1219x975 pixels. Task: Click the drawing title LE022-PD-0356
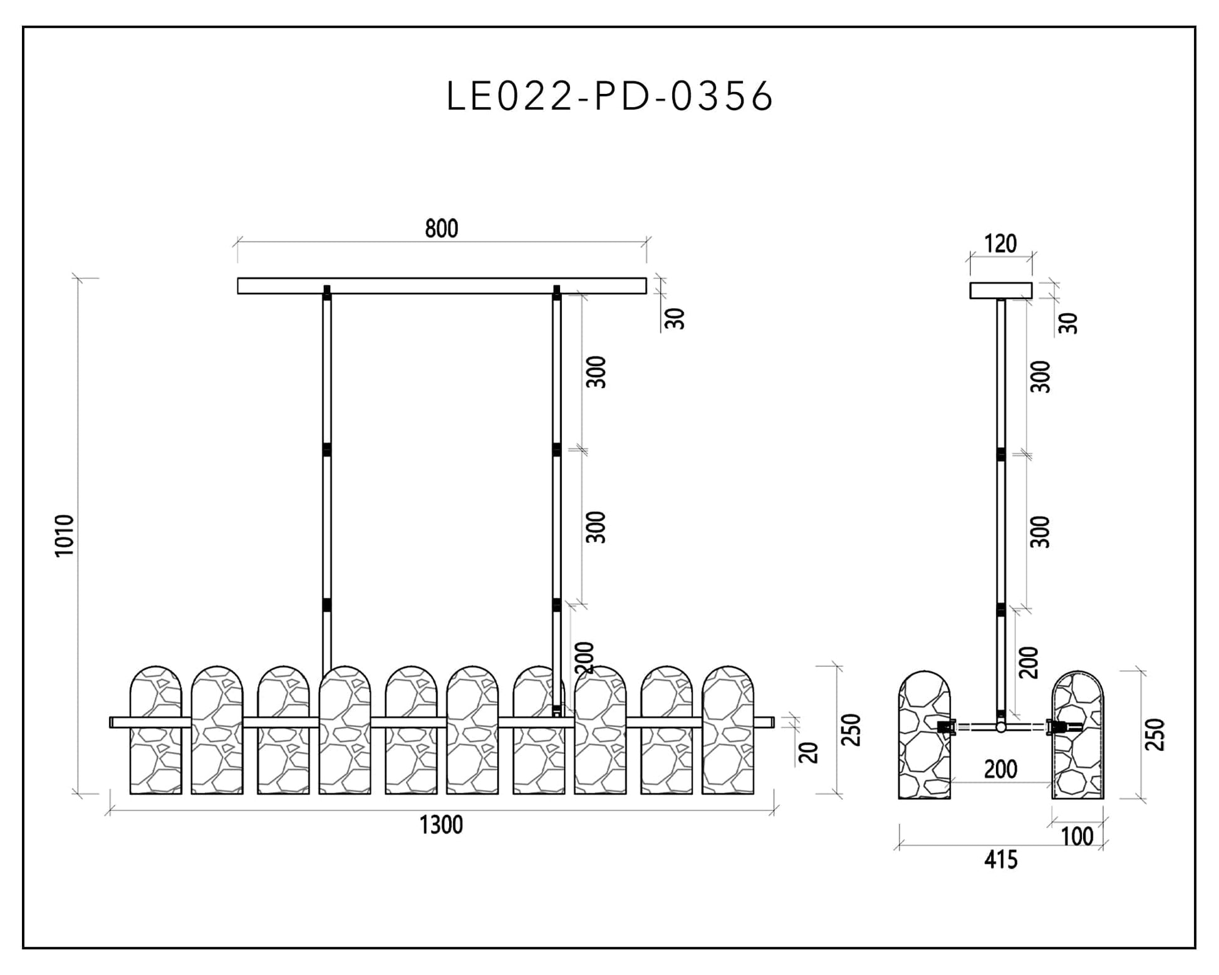(x=609, y=96)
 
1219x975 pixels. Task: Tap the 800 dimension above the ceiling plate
(x=442, y=229)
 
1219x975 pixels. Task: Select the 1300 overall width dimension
(x=441, y=825)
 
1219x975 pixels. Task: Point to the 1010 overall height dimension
(x=65, y=535)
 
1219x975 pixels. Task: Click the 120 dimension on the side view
(x=1000, y=244)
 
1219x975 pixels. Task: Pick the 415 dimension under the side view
(x=1000, y=860)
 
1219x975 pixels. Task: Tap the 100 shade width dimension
(x=1077, y=837)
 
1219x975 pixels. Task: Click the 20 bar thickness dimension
(x=809, y=752)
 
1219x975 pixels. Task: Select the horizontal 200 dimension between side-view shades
(x=1000, y=769)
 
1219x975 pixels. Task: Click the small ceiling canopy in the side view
(x=1001, y=291)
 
